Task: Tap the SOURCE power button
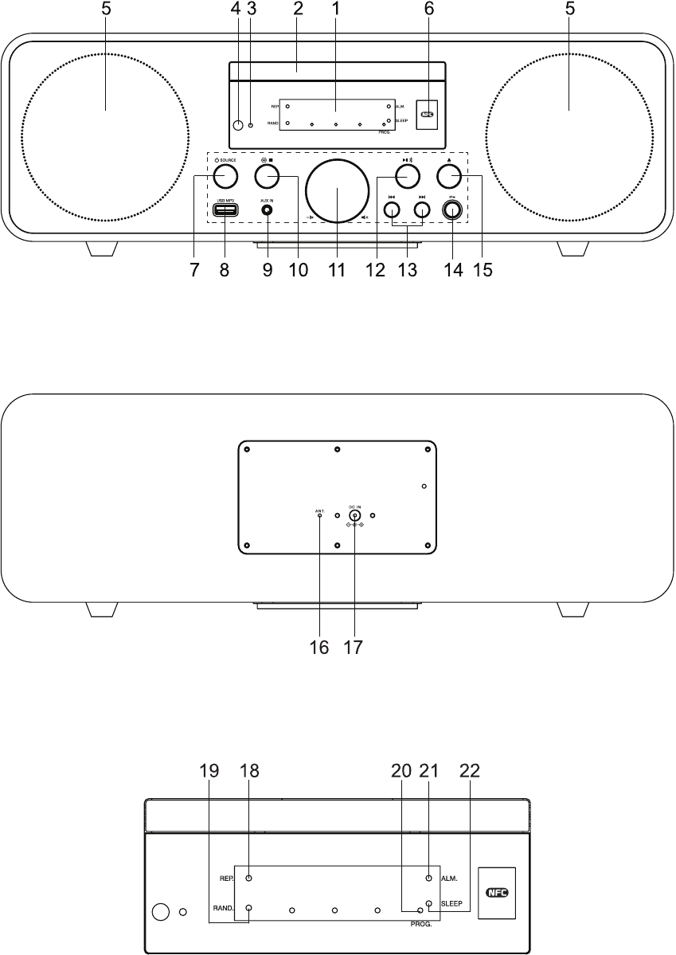point(226,174)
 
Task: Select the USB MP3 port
point(225,210)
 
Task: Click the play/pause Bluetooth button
point(408,174)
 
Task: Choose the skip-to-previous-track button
point(392,210)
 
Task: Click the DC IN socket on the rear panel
point(354,516)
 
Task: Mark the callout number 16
point(318,648)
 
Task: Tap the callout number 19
point(209,772)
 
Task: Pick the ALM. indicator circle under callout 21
point(429,878)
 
